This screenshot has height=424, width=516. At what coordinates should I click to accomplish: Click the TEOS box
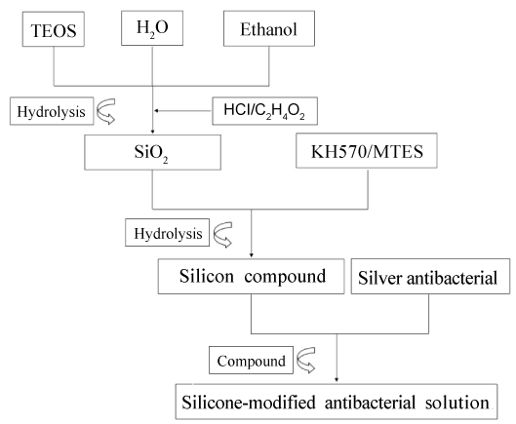(x=54, y=29)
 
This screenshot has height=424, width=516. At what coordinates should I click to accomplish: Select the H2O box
(x=152, y=28)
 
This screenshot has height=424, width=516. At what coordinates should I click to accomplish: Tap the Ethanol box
(x=269, y=28)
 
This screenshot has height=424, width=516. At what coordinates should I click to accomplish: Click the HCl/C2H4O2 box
(x=264, y=111)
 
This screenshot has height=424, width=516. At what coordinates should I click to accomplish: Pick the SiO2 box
(x=152, y=152)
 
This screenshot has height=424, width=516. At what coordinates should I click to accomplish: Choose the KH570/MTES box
(x=367, y=151)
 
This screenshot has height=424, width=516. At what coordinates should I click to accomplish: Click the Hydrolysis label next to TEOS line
(x=52, y=111)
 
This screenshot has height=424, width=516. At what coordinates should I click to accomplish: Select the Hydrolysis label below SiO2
(x=167, y=233)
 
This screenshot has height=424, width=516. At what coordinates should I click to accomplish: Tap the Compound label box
(x=251, y=361)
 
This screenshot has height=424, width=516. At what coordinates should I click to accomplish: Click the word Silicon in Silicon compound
(x=207, y=276)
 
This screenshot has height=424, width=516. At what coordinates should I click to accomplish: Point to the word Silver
(x=380, y=278)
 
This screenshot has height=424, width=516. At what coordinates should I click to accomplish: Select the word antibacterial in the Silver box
(x=453, y=278)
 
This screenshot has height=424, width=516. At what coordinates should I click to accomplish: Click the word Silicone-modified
(x=249, y=403)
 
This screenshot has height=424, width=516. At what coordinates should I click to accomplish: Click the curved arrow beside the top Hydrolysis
(x=105, y=111)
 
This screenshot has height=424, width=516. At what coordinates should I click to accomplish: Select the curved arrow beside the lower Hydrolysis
(x=222, y=235)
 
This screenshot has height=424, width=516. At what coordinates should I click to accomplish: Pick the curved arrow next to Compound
(x=305, y=361)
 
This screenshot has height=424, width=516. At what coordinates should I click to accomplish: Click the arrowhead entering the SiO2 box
(x=152, y=132)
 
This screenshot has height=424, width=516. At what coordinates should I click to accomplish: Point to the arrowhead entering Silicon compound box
(x=252, y=255)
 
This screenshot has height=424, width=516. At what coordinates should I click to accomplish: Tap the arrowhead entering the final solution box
(x=337, y=379)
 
